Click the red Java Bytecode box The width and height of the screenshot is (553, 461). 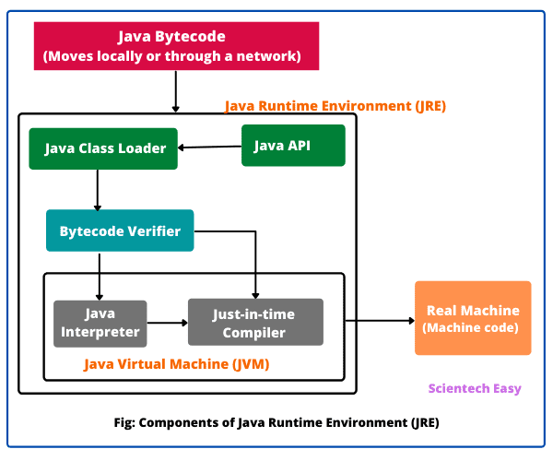176,46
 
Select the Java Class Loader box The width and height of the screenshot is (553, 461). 103,148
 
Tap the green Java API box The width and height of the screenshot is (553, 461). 293,145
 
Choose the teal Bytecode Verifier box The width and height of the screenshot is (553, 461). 120,230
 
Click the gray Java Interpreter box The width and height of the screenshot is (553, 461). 99,324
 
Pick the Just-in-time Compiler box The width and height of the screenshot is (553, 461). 255,323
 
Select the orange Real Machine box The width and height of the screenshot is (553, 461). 472,318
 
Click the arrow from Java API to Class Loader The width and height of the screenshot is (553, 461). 209,147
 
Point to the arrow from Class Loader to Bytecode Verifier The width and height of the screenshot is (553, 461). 98,190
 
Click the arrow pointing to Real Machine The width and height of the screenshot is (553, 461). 380,321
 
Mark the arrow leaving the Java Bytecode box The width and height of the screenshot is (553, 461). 175,90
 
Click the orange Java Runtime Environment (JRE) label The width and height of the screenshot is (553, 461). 335,106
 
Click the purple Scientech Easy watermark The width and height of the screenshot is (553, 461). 475,388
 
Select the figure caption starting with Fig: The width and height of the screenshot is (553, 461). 276,423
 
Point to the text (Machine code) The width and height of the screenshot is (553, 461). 472,328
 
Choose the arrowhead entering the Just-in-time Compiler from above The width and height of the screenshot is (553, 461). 255,293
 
